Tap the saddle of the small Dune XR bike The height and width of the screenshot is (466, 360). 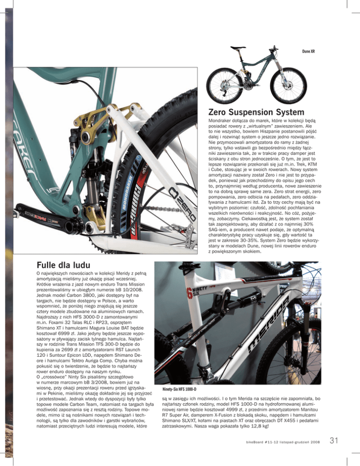point(234,48)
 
